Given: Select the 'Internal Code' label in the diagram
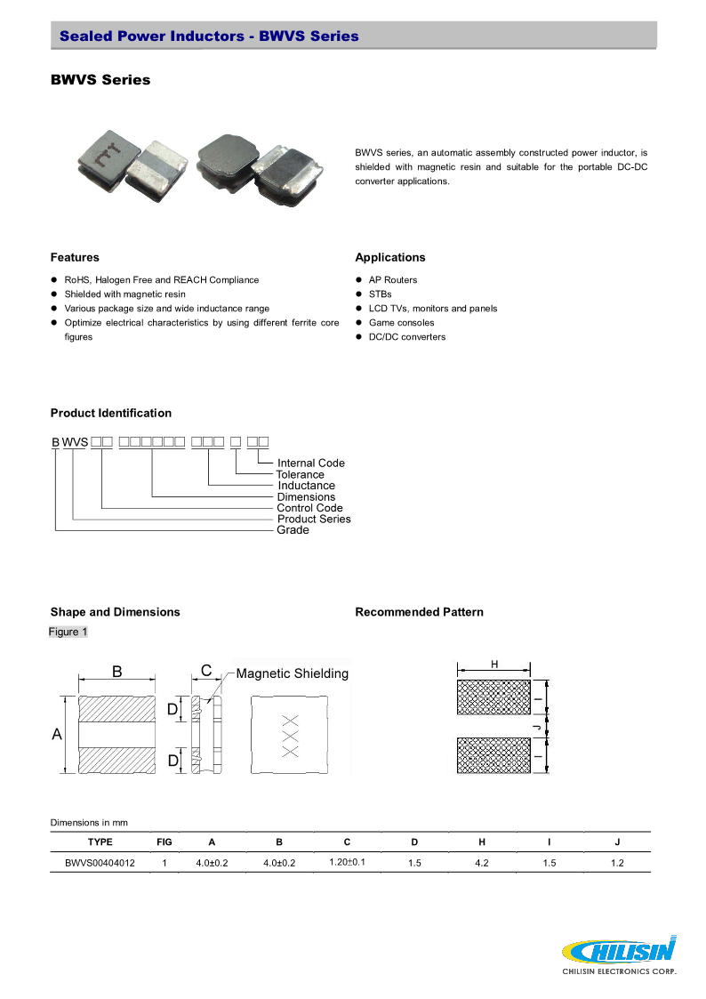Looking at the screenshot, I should [x=310, y=463].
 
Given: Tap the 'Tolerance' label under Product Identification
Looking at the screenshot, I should [x=300, y=474].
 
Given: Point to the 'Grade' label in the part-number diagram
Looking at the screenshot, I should [x=293, y=530].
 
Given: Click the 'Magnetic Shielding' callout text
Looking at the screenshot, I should [x=292, y=673].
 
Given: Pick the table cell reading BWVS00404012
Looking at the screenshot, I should [x=100, y=863].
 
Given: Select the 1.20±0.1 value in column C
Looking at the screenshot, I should [x=348, y=863].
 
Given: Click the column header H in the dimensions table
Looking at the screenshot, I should [x=481, y=842].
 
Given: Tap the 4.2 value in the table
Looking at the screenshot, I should [x=481, y=863].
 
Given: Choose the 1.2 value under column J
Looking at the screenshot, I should [x=617, y=863].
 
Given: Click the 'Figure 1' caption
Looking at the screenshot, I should [x=68, y=632].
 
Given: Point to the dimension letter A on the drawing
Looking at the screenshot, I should [x=57, y=735].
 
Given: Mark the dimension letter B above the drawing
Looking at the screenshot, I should [x=116, y=673].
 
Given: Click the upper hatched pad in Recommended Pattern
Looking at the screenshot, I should [x=493, y=697].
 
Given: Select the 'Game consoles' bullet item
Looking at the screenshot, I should [x=401, y=323].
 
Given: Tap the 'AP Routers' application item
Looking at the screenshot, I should [x=392, y=280].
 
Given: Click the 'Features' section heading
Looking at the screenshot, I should [x=75, y=257].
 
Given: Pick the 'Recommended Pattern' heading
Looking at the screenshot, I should [x=419, y=612].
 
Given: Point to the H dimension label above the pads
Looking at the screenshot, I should [x=493, y=665].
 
